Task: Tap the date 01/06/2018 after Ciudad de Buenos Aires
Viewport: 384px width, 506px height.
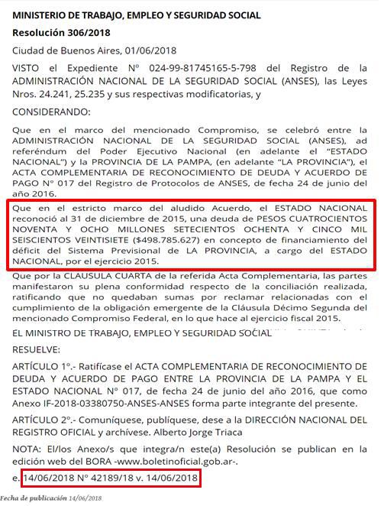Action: [x=150, y=50]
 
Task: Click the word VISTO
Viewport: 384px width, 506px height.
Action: [x=27, y=67]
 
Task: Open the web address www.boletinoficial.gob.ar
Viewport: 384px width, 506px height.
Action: [x=195, y=462]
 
